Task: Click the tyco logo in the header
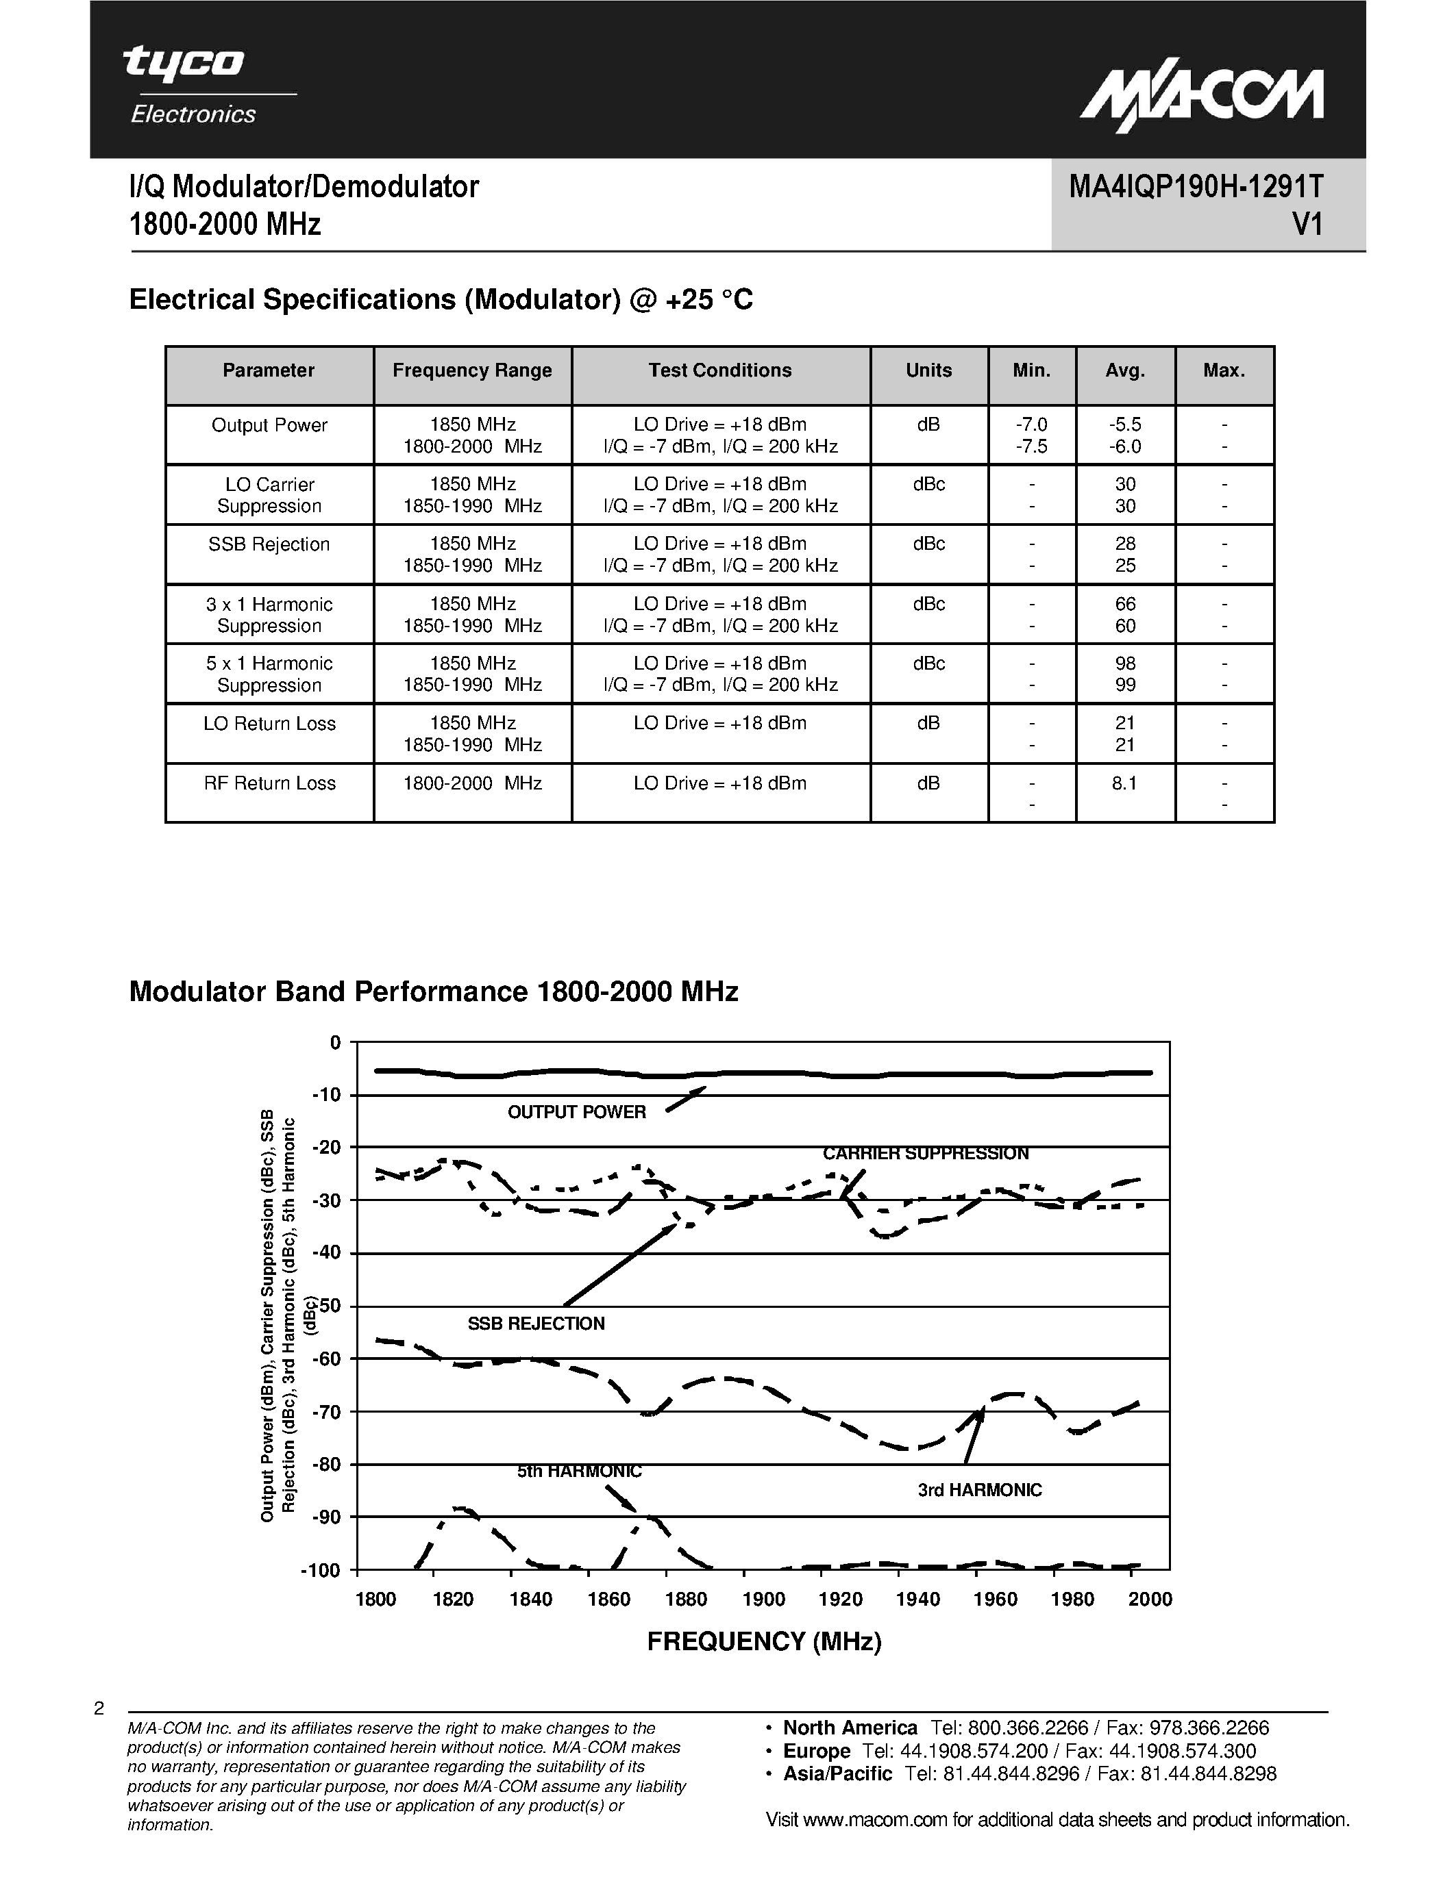(x=184, y=64)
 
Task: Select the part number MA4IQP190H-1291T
(x=1196, y=187)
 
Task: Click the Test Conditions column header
(x=720, y=370)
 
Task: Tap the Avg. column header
(x=1125, y=370)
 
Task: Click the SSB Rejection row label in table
(x=269, y=545)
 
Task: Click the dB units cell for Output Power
(x=928, y=425)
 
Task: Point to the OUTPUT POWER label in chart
(x=576, y=1112)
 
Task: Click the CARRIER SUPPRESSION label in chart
(x=926, y=1154)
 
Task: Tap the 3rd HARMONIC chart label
(x=979, y=1490)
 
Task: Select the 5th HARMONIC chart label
(x=579, y=1471)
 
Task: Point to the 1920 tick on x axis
(x=840, y=1600)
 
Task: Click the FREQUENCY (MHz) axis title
(x=764, y=1641)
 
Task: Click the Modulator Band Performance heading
(x=433, y=991)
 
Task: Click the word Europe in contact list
(x=816, y=1751)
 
